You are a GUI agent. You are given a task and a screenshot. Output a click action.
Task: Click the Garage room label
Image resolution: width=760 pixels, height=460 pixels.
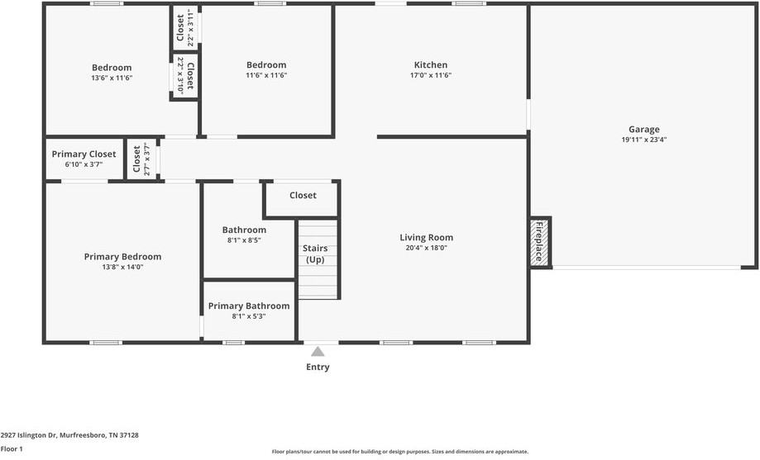(x=643, y=129)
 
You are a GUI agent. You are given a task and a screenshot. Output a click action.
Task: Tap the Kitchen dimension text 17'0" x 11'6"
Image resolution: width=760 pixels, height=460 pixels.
(x=431, y=75)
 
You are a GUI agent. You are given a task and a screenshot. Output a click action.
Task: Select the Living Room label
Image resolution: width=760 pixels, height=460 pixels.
(x=426, y=238)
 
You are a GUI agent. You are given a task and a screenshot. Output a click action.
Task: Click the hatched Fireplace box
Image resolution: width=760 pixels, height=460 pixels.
(x=540, y=243)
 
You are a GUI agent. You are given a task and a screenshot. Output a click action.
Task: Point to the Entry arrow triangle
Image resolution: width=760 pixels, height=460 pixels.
(x=318, y=351)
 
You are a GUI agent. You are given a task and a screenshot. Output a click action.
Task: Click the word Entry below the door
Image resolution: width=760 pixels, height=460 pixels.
(x=318, y=368)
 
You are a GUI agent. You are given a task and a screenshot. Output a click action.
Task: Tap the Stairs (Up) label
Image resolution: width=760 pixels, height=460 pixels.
(x=315, y=254)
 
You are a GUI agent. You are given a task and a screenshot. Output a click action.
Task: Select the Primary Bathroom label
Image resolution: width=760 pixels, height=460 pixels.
(x=249, y=306)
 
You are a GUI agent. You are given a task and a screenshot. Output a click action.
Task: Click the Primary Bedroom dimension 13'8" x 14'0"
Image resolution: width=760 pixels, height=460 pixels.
(x=122, y=267)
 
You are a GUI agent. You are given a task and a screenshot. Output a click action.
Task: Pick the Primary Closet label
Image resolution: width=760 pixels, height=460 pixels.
(x=84, y=154)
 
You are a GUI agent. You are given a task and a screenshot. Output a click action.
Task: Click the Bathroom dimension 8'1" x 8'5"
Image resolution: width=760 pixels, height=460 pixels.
(x=244, y=240)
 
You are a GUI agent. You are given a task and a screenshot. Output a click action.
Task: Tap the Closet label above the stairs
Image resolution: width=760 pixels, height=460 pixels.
(x=303, y=196)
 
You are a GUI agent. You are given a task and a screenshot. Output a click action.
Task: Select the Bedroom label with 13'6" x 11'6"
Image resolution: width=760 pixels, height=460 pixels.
(x=112, y=68)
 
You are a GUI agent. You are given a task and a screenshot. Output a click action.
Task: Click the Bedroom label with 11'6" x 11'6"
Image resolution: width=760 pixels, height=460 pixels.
(x=266, y=65)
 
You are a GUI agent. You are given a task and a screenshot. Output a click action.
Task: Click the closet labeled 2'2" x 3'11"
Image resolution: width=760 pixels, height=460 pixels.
(x=184, y=29)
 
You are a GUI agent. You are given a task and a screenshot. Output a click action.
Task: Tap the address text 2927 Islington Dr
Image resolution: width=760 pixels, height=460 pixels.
(x=69, y=434)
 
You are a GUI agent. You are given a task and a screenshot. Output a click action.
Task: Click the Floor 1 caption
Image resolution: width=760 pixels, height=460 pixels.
(x=12, y=448)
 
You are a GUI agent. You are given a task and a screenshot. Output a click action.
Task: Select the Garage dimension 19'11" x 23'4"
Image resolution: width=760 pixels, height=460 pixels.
(x=643, y=140)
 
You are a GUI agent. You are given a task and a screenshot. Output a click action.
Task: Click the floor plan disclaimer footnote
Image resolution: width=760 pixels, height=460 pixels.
(x=400, y=452)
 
